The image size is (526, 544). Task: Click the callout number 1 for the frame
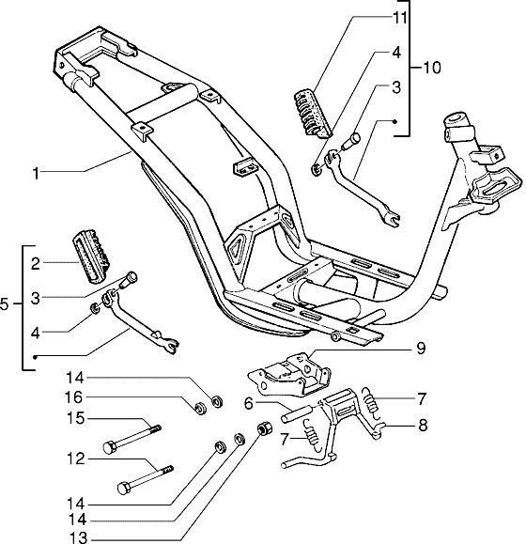coord(36,173)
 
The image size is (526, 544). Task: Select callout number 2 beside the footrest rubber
coord(36,264)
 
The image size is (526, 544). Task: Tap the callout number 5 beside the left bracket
coord(4,304)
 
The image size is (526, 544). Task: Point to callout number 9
coord(420,348)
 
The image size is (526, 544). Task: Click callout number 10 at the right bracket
coord(432,68)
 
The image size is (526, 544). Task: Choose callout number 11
coord(400,18)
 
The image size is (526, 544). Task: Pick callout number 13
coord(79,537)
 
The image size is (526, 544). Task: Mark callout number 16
coord(73,397)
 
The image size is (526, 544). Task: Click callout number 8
coord(423,426)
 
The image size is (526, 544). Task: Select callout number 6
coord(249,403)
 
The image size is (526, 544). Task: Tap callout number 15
coord(75,418)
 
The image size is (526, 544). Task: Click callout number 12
coord(75,459)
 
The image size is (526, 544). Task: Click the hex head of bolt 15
coord(109,447)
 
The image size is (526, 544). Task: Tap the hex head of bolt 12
coord(123,489)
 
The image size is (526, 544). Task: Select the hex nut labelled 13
coord(264,428)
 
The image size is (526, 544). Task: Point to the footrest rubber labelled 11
coord(313,115)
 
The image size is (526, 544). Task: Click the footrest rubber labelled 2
coord(90,258)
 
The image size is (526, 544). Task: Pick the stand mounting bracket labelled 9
coord(290,375)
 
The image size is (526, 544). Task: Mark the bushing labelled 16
coord(201,408)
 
